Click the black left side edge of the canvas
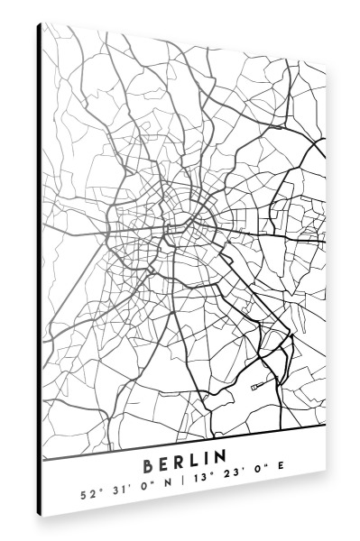coord(39,270)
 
